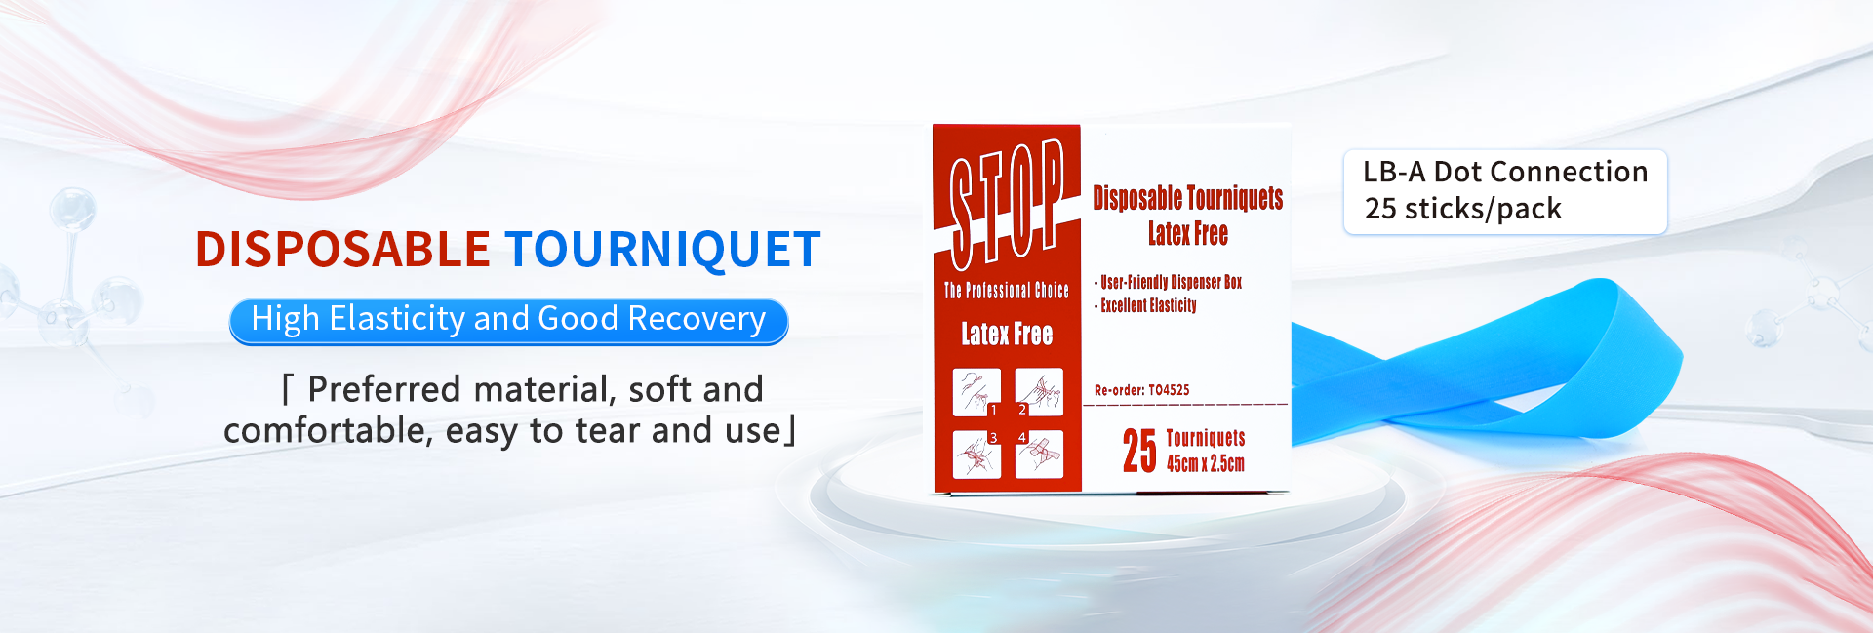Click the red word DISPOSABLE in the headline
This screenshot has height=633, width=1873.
[342, 249]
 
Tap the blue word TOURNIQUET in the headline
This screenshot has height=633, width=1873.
[663, 249]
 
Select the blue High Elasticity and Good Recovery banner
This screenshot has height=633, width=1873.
[508, 321]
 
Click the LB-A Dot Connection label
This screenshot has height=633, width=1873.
[1505, 172]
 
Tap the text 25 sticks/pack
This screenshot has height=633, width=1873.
[1463, 209]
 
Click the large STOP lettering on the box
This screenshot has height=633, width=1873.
[1007, 202]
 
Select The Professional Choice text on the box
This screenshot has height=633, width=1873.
[1007, 290]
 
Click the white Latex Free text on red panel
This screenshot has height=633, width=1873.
[1007, 334]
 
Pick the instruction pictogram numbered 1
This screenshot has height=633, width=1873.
[977, 392]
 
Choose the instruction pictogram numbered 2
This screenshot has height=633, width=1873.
[1039, 392]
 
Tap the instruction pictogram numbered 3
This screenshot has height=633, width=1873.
[977, 455]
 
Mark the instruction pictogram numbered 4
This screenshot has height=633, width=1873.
[1039, 455]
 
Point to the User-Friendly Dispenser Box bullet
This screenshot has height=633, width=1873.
[1169, 282]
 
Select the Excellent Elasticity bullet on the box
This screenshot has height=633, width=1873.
[1145, 305]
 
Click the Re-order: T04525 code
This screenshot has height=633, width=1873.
[1142, 390]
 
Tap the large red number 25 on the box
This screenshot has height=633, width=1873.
[1139, 451]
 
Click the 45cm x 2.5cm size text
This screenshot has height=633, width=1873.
[1206, 463]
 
